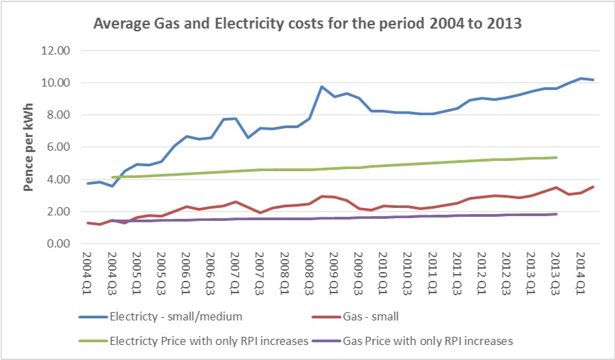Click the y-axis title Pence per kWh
click(31, 147)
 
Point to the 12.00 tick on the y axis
click(57, 50)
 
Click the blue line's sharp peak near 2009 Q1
click(322, 87)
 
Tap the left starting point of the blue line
click(87, 183)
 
